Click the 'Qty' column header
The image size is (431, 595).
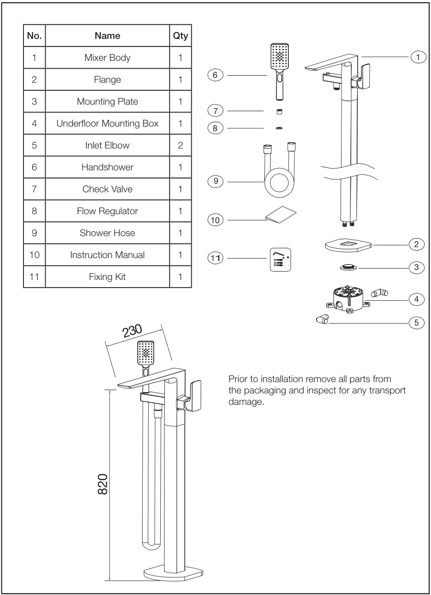tap(180, 36)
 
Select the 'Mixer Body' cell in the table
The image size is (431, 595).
tap(107, 58)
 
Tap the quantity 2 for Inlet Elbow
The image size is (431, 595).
tap(180, 145)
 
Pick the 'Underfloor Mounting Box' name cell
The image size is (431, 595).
tap(107, 124)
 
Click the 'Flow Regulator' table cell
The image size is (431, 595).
tap(107, 211)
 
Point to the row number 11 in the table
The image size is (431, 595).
tap(34, 277)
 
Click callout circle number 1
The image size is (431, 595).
tap(418, 57)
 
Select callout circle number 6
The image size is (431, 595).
tap(215, 75)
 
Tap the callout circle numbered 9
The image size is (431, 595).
tap(215, 181)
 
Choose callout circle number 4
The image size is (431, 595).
tap(416, 299)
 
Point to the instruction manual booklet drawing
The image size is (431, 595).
tap(280, 214)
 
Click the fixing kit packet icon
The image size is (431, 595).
tap(280, 260)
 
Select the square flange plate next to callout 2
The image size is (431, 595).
tap(348, 245)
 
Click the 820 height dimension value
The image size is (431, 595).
tap(102, 484)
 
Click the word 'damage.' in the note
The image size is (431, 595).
tap(246, 402)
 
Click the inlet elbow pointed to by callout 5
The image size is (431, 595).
tap(322, 319)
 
